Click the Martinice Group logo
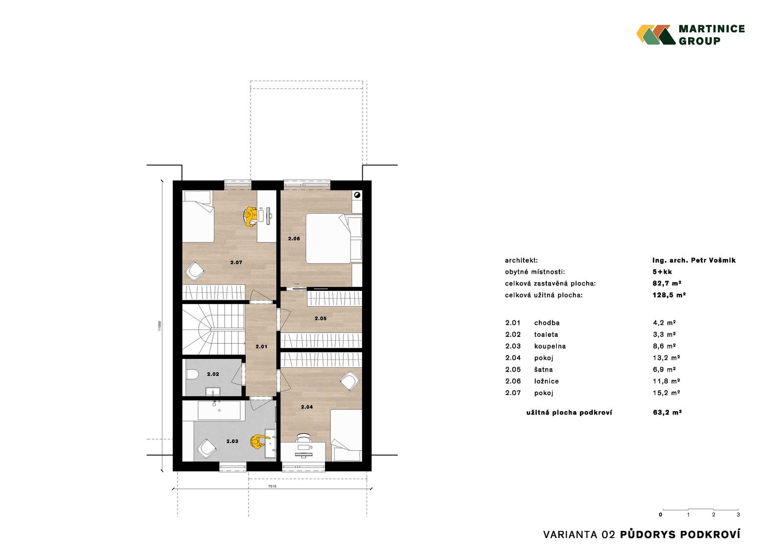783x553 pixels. click(690, 35)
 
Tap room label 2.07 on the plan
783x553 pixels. click(236, 263)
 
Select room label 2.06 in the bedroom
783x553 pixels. click(294, 239)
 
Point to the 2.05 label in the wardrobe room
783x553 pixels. click(321, 318)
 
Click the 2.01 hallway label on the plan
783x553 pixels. click(261, 347)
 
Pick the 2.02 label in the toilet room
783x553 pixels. click(213, 374)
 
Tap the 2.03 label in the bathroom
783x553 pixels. click(232, 441)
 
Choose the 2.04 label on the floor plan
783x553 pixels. click(307, 407)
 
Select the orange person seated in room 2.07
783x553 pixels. click(250, 216)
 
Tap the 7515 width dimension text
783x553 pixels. click(272, 487)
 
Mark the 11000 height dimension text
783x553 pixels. click(160, 326)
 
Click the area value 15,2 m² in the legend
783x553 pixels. click(666, 393)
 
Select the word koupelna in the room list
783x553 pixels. click(550, 346)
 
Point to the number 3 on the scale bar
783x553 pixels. click(738, 514)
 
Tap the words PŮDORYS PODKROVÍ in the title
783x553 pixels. click(680, 534)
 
